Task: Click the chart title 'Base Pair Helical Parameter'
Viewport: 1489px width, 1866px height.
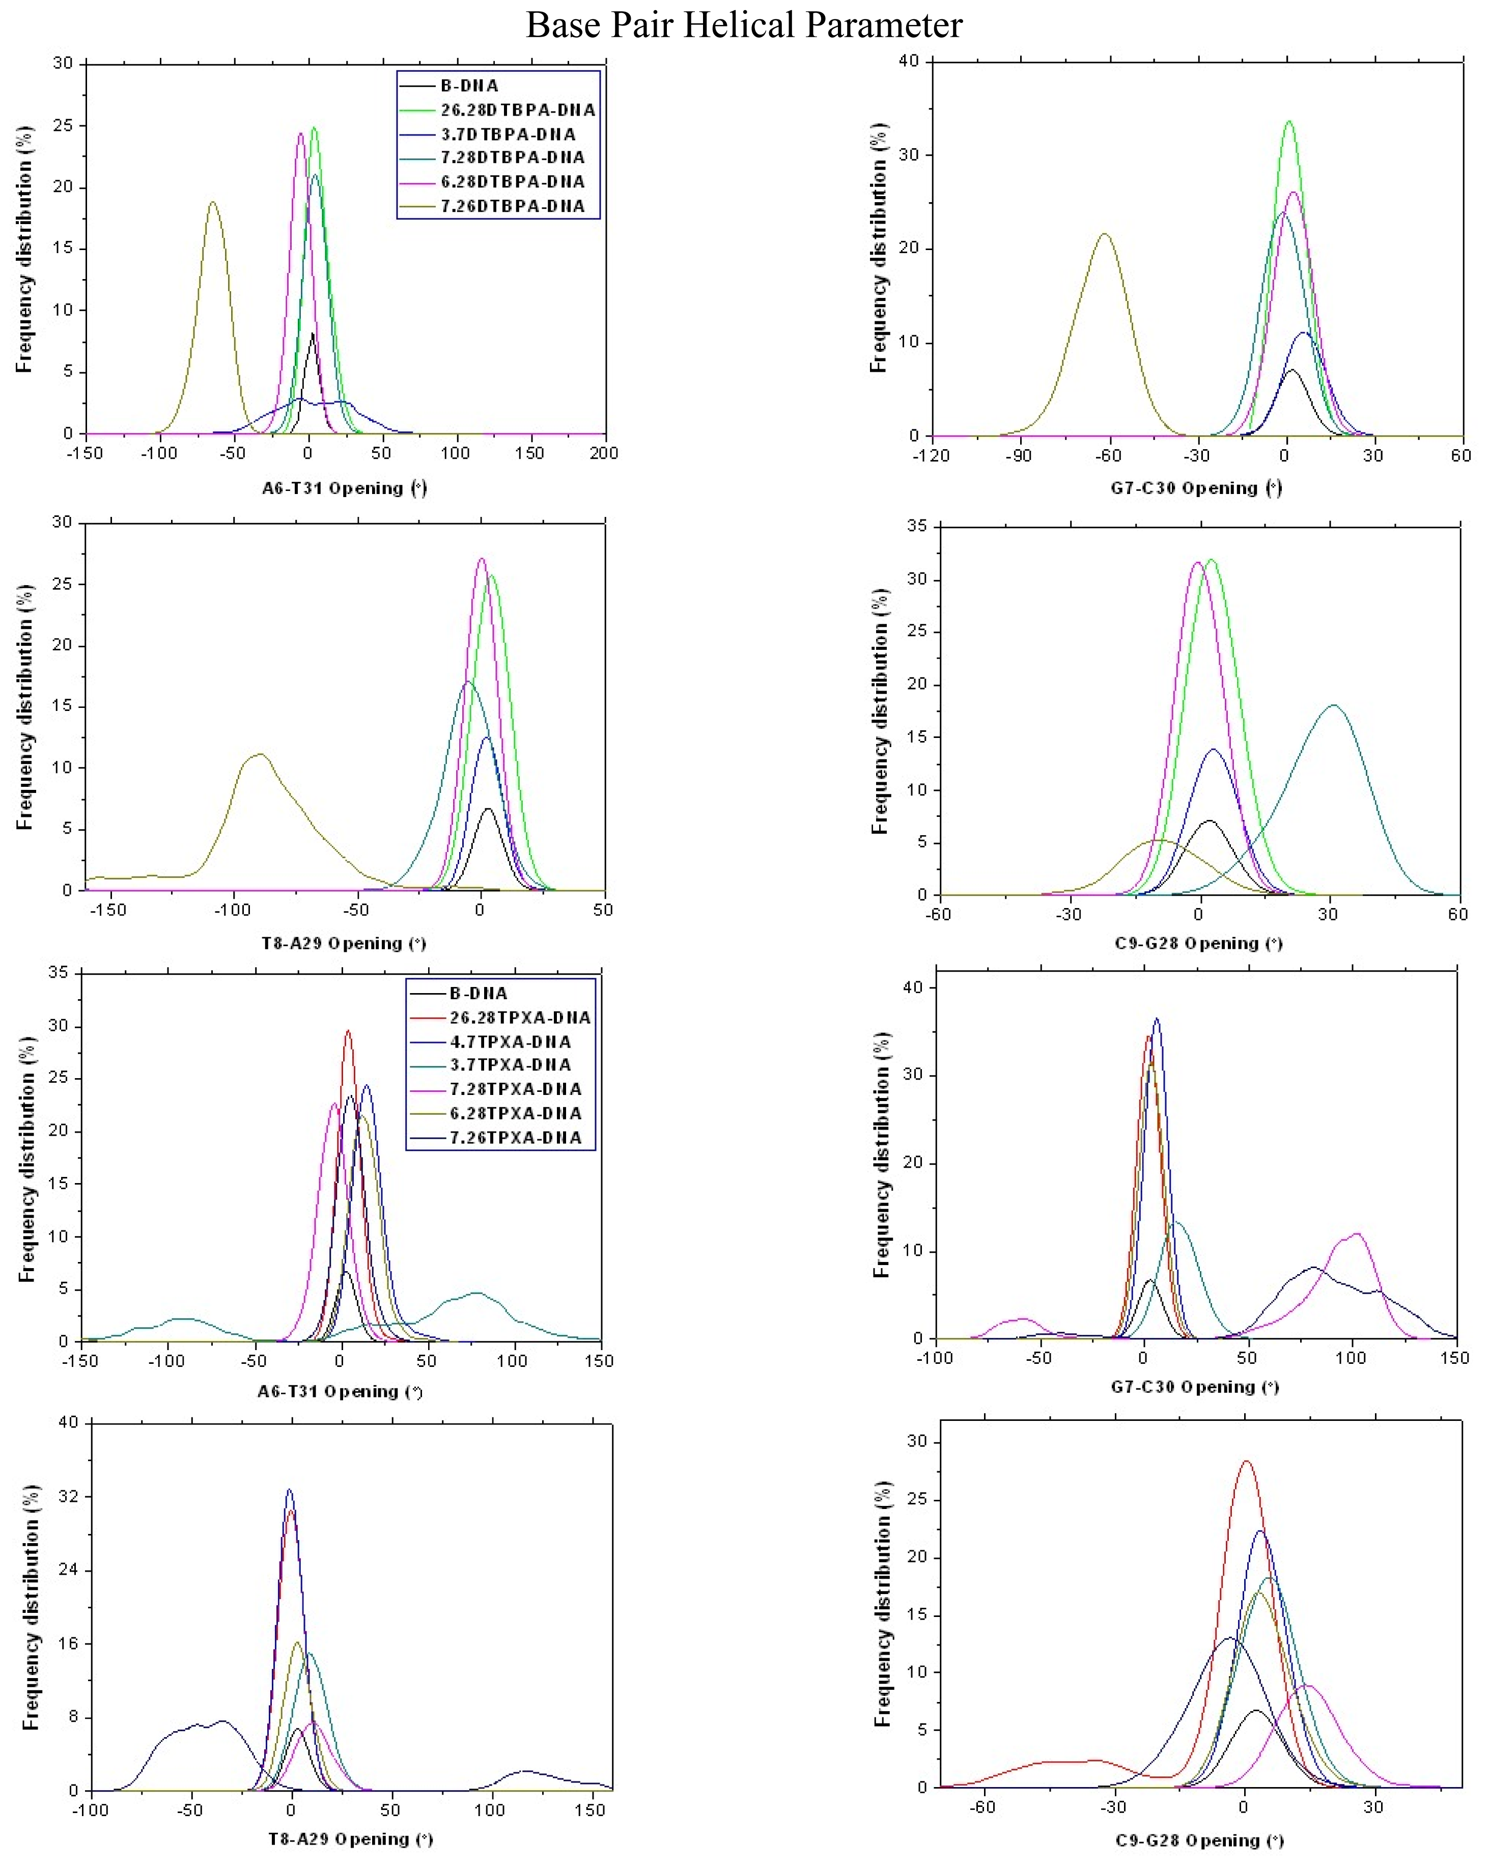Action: click(x=744, y=24)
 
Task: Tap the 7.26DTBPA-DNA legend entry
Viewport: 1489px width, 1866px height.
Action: click(x=512, y=206)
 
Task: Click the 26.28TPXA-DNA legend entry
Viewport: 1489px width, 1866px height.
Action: click(x=519, y=1017)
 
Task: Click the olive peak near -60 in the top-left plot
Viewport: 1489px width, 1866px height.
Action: click(x=212, y=203)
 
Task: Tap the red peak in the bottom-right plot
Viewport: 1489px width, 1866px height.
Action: click(x=1246, y=1462)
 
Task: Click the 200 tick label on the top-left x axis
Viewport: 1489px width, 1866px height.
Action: click(x=604, y=453)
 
